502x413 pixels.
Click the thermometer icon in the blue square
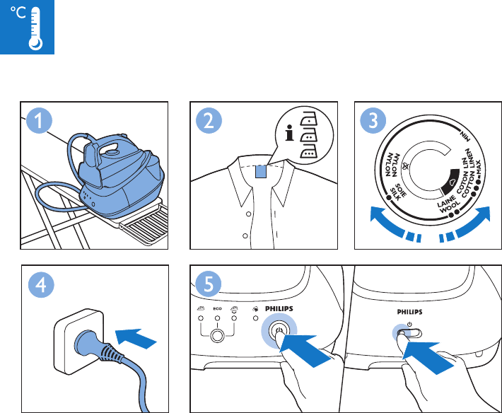click(35, 29)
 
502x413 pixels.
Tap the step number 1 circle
click(39, 121)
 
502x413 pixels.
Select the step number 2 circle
click(209, 121)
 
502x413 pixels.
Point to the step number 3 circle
click(373, 121)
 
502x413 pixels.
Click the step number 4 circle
click(41, 284)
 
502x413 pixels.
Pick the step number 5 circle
click(208, 284)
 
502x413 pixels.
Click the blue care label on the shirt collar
click(261, 172)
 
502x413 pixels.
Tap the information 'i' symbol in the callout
click(289, 133)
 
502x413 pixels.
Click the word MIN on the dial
click(465, 136)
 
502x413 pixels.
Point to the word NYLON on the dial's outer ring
click(388, 165)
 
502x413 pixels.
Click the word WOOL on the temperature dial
click(449, 207)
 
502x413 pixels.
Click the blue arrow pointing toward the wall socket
click(136, 339)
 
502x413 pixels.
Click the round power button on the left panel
click(279, 331)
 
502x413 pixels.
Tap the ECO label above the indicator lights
click(217, 309)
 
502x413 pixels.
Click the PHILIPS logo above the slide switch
click(410, 312)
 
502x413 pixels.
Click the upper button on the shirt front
click(248, 214)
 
